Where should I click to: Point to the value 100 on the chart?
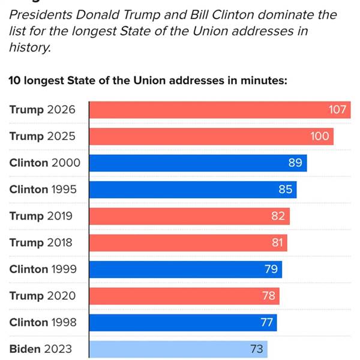320,136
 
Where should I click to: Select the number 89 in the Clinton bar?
295,163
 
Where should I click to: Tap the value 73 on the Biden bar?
256,349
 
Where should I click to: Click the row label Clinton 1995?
43,190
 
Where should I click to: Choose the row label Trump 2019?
41,216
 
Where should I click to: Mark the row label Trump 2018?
41,242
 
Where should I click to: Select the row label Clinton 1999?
43,269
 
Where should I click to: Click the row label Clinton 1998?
43,322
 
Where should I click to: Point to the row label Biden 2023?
40,349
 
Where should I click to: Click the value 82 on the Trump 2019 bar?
278,216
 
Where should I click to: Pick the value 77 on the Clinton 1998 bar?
267,322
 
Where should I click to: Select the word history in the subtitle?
28,47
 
